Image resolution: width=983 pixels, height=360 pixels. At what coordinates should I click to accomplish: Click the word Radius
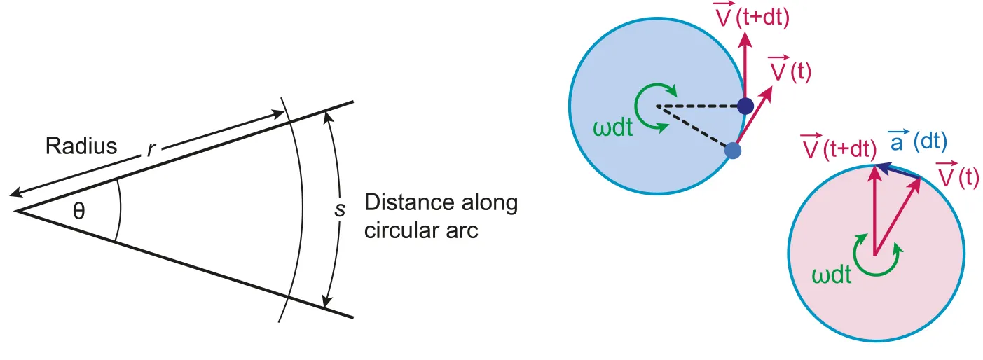[x=81, y=146]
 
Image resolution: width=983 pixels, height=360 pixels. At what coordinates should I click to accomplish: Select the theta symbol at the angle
[x=79, y=210]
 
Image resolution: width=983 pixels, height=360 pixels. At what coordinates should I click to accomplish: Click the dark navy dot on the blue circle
[x=745, y=106]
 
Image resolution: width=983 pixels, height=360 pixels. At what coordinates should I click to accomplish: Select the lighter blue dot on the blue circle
[x=732, y=150]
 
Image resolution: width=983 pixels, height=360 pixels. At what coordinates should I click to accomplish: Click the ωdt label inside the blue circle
[x=612, y=130]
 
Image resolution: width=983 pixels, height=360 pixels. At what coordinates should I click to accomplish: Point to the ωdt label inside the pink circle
[x=832, y=275]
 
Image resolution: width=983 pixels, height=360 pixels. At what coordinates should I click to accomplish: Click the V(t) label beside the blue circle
[x=790, y=70]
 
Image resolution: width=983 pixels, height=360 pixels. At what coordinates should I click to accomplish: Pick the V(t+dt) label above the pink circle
[x=838, y=148]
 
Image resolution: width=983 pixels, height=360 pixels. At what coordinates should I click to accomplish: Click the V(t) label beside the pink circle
[x=958, y=176]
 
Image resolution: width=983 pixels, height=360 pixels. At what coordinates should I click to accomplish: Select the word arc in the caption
[x=462, y=230]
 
